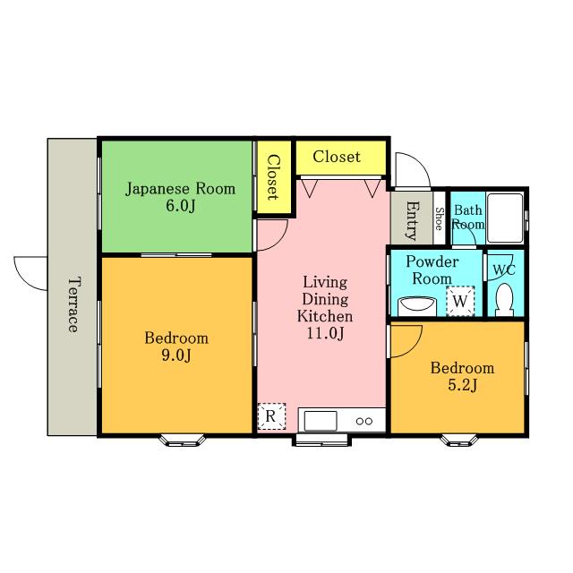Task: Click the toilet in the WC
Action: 504,301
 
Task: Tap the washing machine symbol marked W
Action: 460,301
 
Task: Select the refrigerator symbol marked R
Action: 271,416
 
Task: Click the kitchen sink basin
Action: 321,421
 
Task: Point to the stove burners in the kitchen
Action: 364,422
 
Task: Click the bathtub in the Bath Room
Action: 505,218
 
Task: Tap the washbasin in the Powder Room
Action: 417,306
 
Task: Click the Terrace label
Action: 73,304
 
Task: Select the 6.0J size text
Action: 181,206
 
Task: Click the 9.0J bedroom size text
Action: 176,355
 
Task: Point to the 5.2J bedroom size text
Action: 462,385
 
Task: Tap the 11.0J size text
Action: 325,333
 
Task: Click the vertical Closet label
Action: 274,177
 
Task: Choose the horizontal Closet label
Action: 337,157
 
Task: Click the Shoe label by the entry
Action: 440,218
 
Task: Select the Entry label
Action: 413,220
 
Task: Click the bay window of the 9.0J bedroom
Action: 182,440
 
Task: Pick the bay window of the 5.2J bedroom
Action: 459,440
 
